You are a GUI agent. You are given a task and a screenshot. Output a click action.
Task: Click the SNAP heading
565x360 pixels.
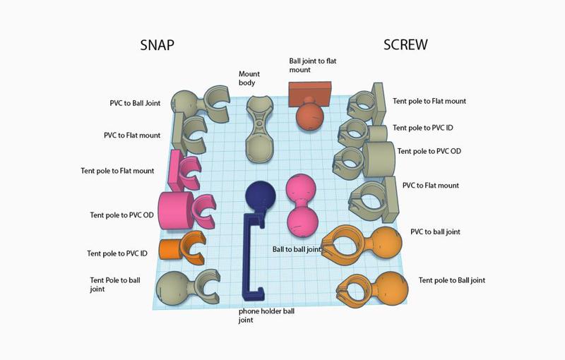pos(157,45)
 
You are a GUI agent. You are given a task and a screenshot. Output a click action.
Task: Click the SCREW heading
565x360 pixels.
pos(405,45)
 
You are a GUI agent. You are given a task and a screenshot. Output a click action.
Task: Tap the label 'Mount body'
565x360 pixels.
pos(250,78)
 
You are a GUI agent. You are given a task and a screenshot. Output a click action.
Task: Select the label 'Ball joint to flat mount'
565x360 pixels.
pos(312,66)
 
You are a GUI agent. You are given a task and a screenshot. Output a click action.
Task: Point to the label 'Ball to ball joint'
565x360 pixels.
pos(297,249)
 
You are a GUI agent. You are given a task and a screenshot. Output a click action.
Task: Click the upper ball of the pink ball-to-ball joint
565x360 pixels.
pos(302,191)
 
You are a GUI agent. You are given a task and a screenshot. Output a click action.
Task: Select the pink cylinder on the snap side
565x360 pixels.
pos(174,210)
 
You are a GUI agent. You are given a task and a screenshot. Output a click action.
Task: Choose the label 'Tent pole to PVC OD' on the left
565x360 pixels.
pos(121,215)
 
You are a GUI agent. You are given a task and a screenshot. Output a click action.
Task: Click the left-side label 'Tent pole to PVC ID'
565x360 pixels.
pos(117,253)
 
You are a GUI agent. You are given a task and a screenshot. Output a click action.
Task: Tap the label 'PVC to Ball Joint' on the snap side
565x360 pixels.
pos(135,103)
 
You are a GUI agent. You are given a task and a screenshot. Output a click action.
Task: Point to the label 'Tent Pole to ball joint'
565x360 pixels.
pos(114,284)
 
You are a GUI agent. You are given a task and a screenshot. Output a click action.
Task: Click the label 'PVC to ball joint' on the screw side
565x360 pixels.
pos(440,232)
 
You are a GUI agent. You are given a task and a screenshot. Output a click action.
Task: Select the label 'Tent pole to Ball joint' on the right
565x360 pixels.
pos(451,280)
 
